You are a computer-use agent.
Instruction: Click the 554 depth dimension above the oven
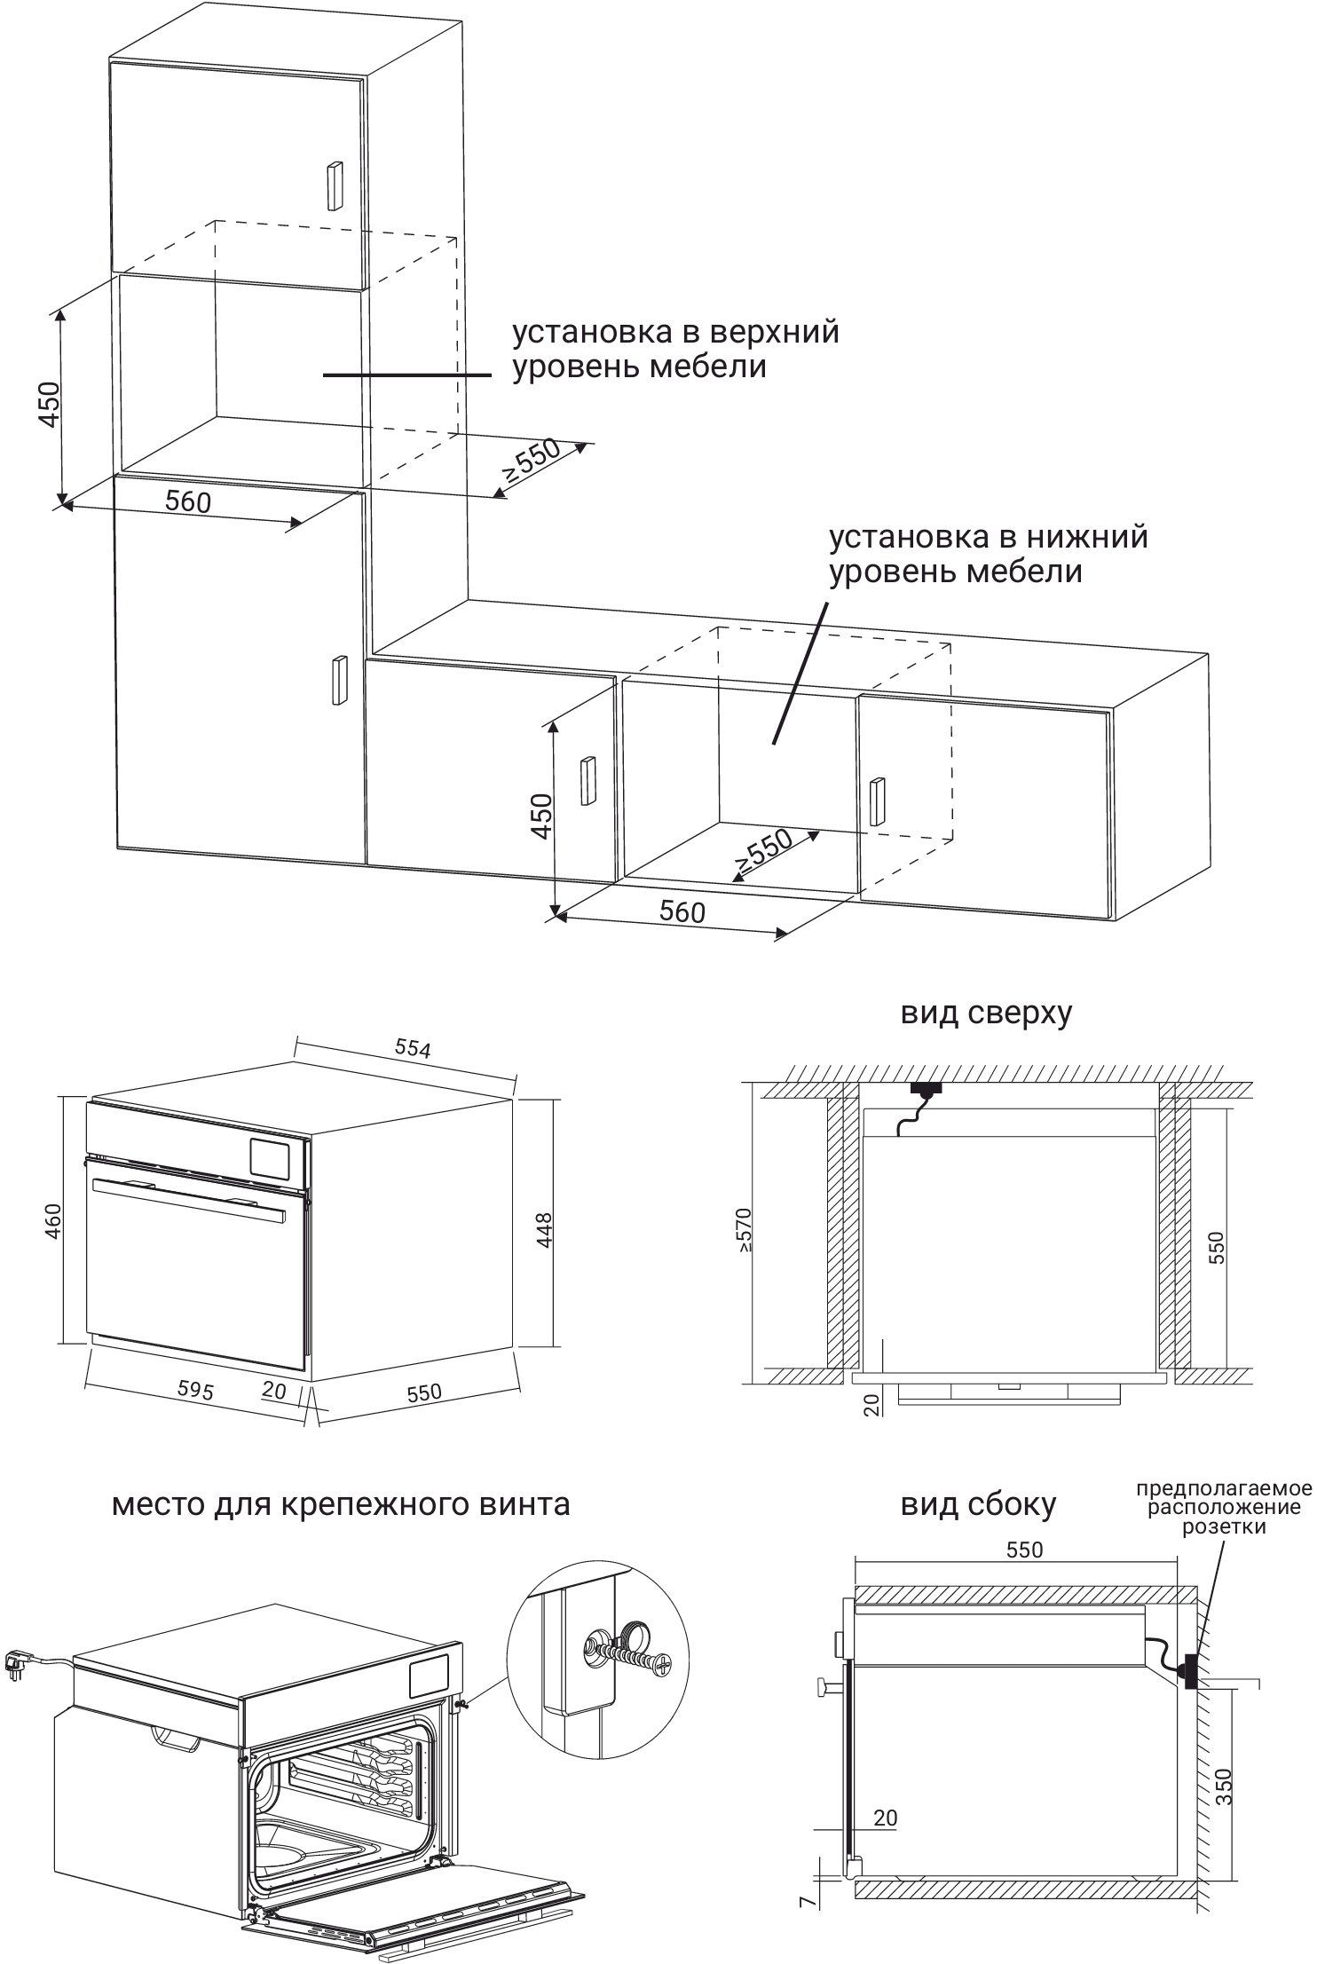coord(413,1048)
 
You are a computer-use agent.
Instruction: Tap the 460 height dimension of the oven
coord(52,1220)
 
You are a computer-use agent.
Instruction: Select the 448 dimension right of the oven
coord(544,1230)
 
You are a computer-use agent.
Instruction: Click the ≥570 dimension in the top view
coord(744,1229)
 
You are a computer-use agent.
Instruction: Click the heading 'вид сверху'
coord(986,1013)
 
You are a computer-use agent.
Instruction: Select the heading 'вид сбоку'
coord(978,1504)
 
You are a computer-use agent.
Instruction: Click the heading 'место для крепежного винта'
coord(341,1504)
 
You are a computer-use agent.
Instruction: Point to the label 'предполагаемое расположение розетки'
coord(1224,1508)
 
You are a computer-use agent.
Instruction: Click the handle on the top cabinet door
coord(335,185)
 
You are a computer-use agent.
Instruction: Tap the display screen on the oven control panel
coord(271,1156)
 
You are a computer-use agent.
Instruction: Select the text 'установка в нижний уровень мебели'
coord(988,553)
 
